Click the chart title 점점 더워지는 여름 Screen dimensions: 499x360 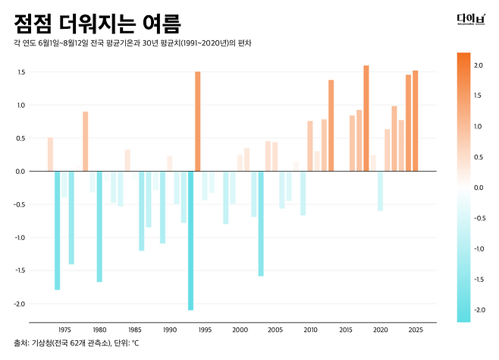97,24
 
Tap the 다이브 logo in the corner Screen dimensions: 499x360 471,19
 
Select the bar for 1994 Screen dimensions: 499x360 198,122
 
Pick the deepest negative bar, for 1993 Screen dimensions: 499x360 190,241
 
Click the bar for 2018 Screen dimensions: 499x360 366,118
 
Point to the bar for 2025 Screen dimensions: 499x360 416,121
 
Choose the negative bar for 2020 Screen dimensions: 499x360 380,191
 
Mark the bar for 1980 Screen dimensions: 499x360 99,226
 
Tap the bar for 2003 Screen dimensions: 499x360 261,223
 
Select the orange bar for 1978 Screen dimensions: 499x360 85,141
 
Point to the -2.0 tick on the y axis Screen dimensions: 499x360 19,304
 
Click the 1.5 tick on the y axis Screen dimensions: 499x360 21,72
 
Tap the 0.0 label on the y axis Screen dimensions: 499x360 20,172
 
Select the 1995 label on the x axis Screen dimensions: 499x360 205,330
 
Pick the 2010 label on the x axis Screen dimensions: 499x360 310,330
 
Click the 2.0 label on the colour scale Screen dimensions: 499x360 479,65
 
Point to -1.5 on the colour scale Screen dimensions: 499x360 479,279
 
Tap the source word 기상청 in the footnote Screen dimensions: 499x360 42,343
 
